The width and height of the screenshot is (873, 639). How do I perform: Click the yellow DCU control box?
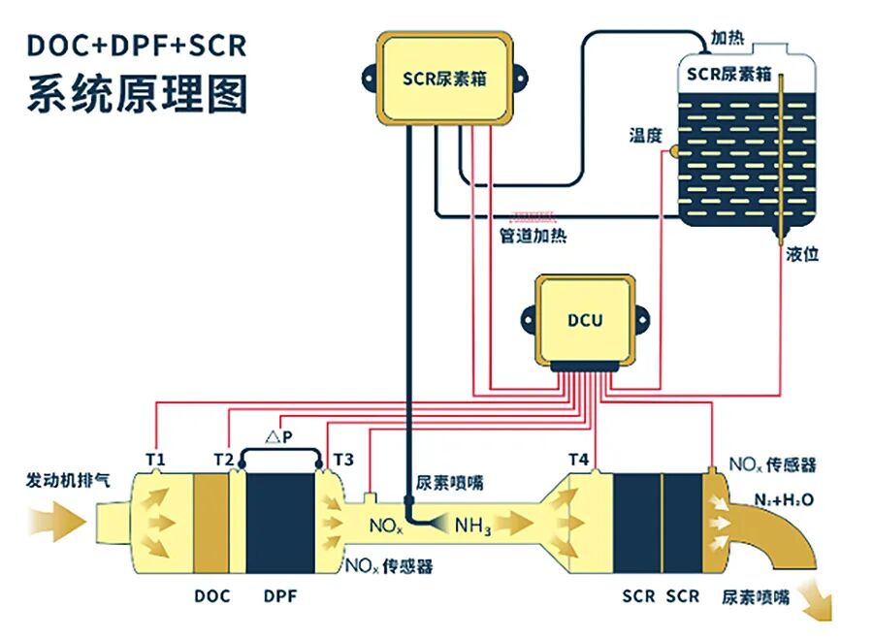[x=586, y=319]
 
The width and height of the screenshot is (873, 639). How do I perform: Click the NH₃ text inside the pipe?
[x=472, y=527]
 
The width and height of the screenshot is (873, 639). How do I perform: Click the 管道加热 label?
[x=533, y=236]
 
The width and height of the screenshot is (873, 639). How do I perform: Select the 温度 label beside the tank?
[x=644, y=137]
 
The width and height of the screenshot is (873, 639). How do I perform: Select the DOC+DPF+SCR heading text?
[x=136, y=46]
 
